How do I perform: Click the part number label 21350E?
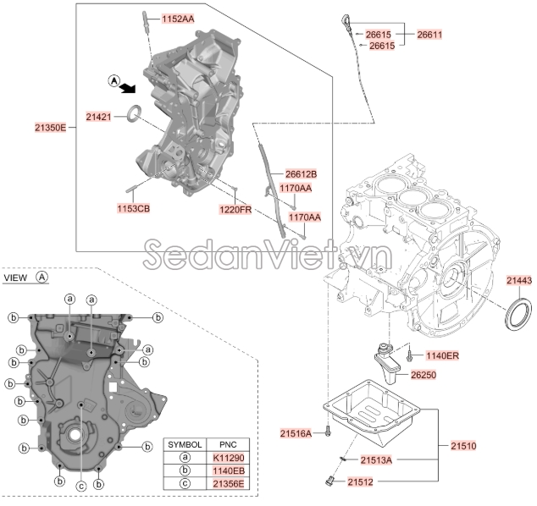click(50, 127)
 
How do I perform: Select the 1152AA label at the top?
click(177, 18)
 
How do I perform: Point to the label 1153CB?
click(133, 206)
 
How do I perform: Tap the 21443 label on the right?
click(519, 280)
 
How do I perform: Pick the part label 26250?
click(428, 374)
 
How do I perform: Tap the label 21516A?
click(296, 433)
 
